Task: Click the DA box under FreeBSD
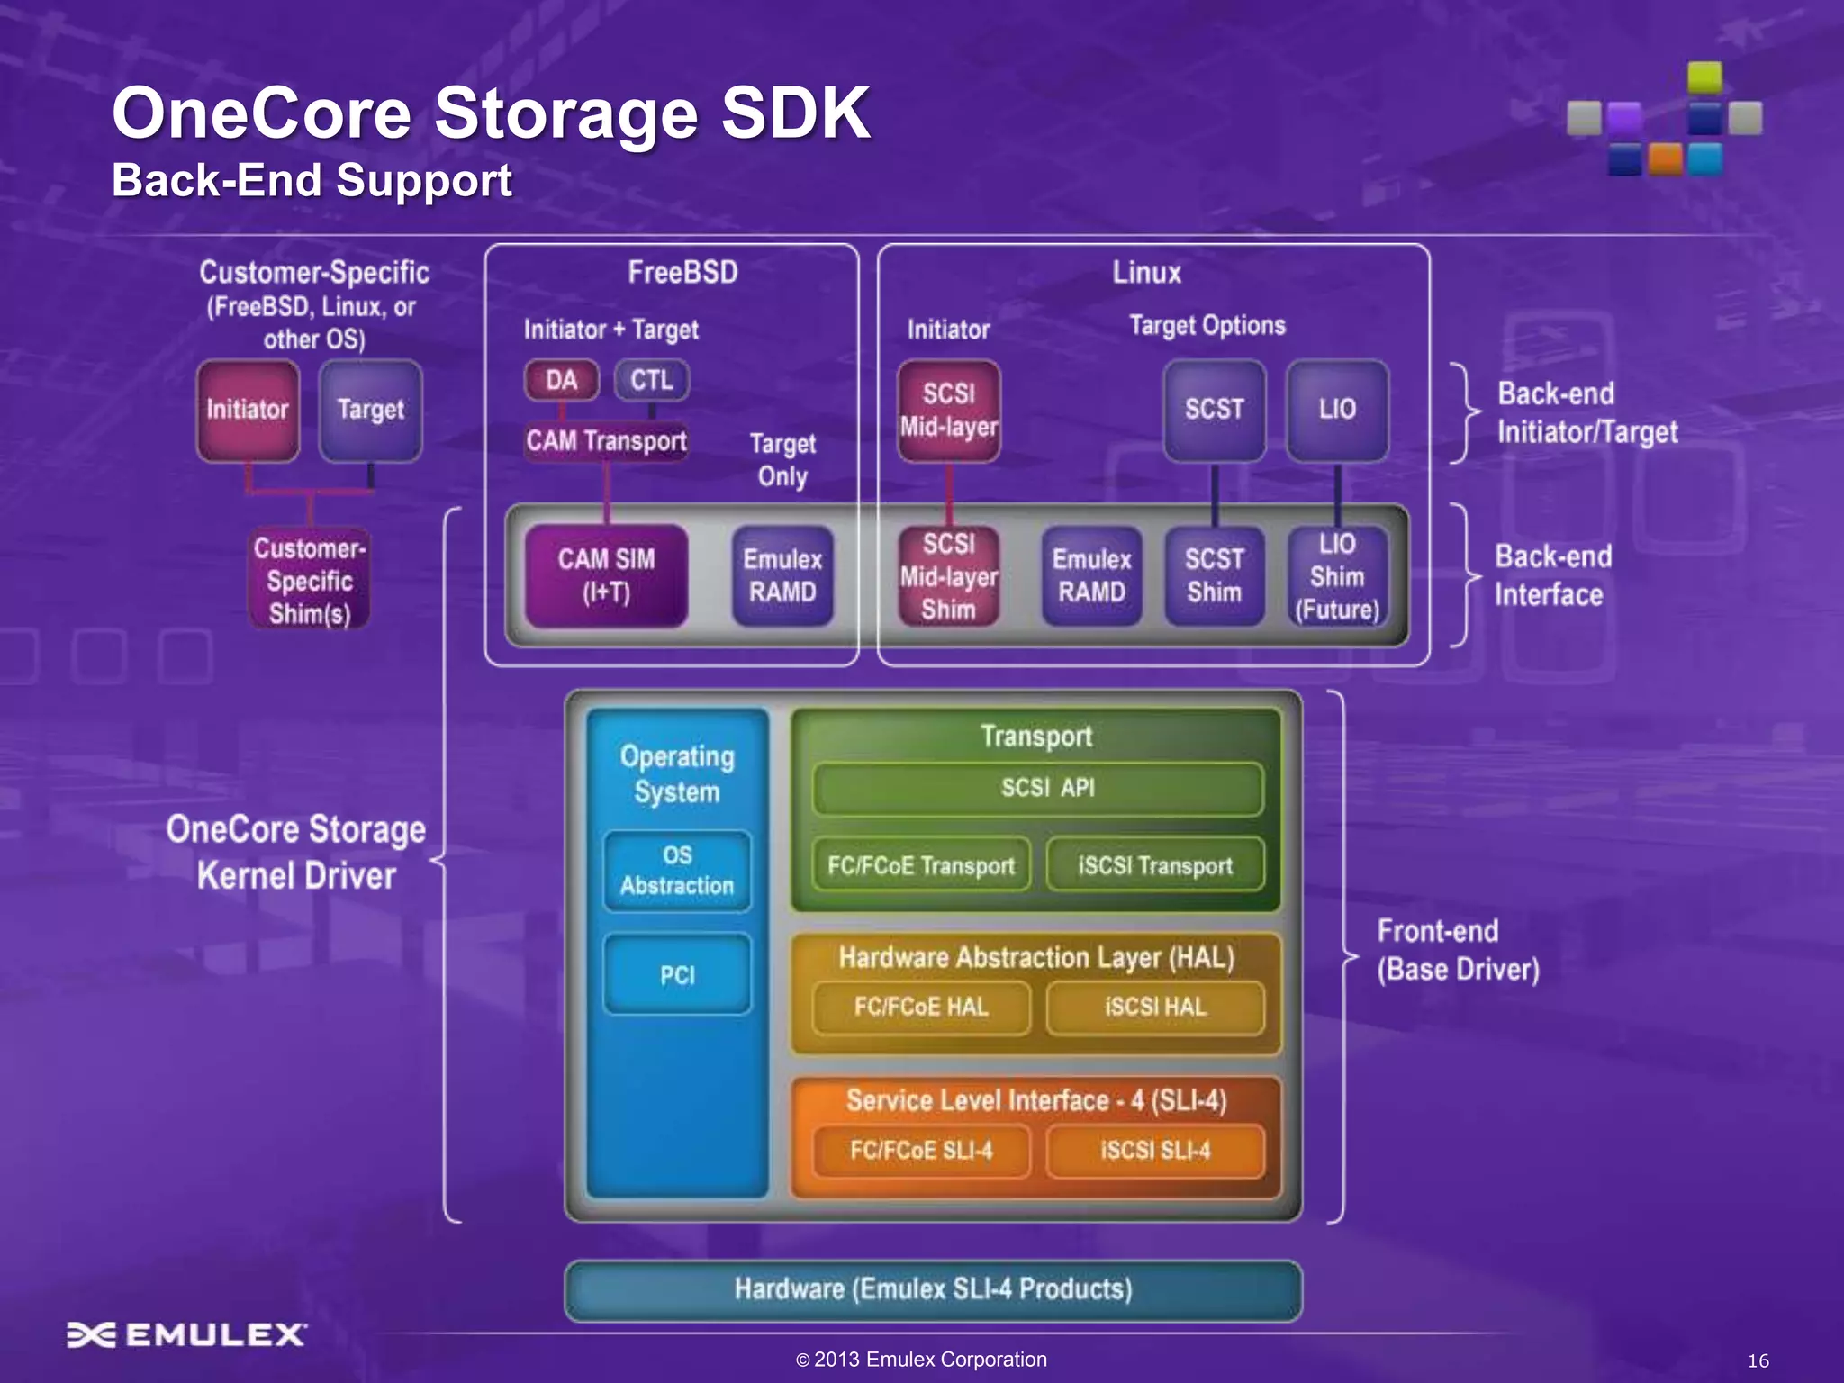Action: (x=562, y=380)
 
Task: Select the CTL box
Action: (x=652, y=380)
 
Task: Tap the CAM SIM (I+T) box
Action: (x=606, y=576)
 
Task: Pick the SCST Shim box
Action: (x=1214, y=576)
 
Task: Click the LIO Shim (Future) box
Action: (x=1337, y=576)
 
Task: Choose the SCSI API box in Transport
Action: (x=1037, y=789)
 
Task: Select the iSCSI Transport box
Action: (x=1155, y=865)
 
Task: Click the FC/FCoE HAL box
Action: (x=921, y=1007)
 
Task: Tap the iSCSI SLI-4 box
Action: (x=1155, y=1151)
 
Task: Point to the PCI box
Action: (x=677, y=975)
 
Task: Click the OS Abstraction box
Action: (x=677, y=871)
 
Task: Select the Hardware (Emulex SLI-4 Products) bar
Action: (x=933, y=1289)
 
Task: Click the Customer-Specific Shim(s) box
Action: (x=309, y=581)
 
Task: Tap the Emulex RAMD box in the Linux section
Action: (x=1091, y=576)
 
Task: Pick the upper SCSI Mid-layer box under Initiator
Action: (x=949, y=411)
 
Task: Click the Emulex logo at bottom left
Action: (x=187, y=1334)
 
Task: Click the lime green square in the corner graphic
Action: (x=1704, y=77)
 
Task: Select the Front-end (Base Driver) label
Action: (x=1458, y=951)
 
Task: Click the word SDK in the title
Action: (x=796, y=113)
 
